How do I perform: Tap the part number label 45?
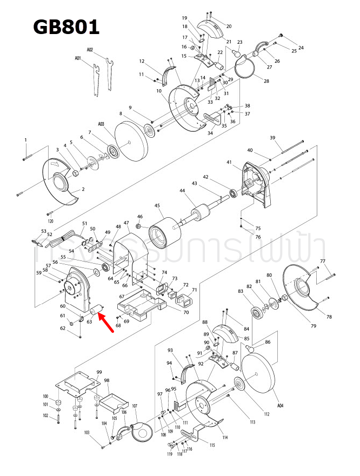pos(157,206)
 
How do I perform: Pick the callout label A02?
pos(90,49)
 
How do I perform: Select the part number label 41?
pos(229,162)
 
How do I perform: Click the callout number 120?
pos(50,222)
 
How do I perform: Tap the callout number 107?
pos(135,406)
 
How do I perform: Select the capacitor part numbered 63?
pos(97,310)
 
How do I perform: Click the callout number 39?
pos(272,138)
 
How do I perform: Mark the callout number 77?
pos(323,262)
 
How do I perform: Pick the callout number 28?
pos(266,81)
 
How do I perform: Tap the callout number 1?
pos(25,140)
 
